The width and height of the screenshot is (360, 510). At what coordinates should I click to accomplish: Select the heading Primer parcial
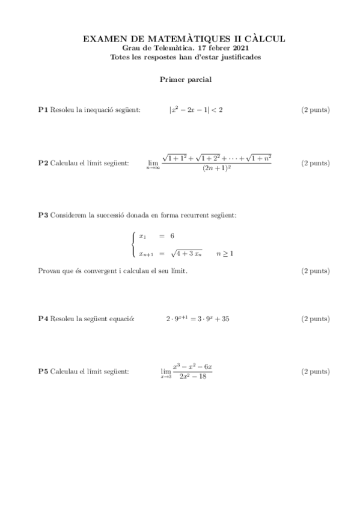click(185, 79)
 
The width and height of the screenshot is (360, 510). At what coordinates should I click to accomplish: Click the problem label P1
click(43, 110)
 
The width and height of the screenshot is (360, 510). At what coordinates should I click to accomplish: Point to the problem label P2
click(43, 163)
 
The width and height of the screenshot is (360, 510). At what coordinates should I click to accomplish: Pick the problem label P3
click(43, 215)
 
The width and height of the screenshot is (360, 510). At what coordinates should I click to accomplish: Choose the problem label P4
click(43, 319)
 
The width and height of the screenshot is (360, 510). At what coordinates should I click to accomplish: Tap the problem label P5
click(43, 372)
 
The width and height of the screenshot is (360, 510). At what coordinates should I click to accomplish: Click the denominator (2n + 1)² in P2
click(217, 169)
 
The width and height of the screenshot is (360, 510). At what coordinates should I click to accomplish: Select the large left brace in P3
click(133, 245)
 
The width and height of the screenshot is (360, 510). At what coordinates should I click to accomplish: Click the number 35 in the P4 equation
click(225, 319)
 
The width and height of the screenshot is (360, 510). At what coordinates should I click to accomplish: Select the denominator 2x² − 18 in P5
click(192, 377)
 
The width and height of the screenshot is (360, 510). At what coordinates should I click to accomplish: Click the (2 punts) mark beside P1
click(315, 110)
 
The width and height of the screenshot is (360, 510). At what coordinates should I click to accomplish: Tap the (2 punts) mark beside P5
click(315, 372)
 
